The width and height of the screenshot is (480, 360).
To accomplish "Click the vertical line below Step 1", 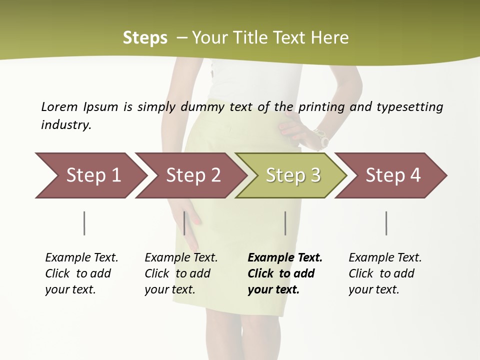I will (x=84, y=223).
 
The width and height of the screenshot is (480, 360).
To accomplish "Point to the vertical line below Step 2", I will (x=184, y=223).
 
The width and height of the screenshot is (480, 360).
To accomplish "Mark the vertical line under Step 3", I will (x=285, y=223).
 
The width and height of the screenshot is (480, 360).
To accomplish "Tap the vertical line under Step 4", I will (x=386, y=223).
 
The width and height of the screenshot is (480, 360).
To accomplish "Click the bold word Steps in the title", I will (x=145, y=38).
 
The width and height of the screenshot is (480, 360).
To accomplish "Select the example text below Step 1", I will (x=81, y=273).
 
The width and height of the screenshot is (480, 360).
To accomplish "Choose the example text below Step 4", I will (x=385, y=273).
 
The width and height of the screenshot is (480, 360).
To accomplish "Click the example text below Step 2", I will (x=181, y=273).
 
